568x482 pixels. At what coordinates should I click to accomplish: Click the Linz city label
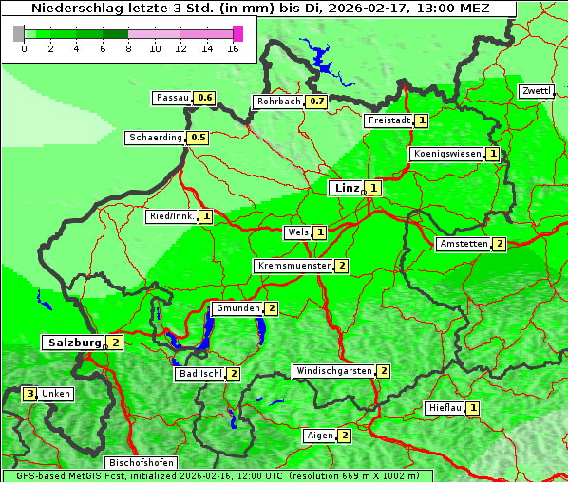tap(346, 188)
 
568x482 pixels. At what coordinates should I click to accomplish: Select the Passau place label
tap(173, 98)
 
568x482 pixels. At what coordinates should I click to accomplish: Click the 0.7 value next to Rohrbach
tap(316, 102)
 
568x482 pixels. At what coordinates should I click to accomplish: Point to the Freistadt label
tap(388, 120)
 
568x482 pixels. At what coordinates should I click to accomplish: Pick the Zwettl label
tap(535, 91)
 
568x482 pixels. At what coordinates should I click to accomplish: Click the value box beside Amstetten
tap(500, 244)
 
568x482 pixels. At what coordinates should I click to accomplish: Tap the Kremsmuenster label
tap(293, 266)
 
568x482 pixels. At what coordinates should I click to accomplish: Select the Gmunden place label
tap(237, 308)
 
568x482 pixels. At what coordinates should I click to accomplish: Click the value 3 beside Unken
tap(30, 394)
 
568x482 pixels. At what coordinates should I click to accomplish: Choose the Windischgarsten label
tap(332, 371)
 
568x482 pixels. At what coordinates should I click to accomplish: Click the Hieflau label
tap(445, 408)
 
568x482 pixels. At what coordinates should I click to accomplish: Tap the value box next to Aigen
tap(344, 436)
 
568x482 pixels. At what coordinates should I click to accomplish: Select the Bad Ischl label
tap(199, 374)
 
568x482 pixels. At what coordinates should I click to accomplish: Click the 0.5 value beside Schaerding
tap(198, 138)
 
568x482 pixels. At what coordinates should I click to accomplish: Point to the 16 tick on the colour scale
tap(233, 48)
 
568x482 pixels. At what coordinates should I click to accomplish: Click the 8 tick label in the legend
tap(128, 48)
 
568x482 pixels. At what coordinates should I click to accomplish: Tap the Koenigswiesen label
tap(447, 154)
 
